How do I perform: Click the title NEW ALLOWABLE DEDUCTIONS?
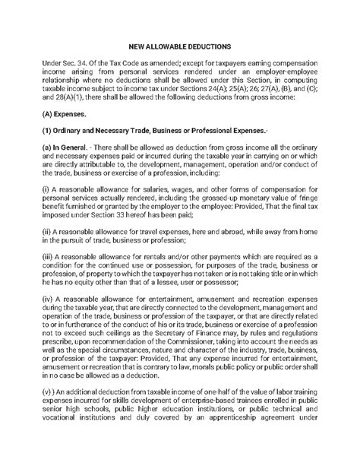tap(180, 44)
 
